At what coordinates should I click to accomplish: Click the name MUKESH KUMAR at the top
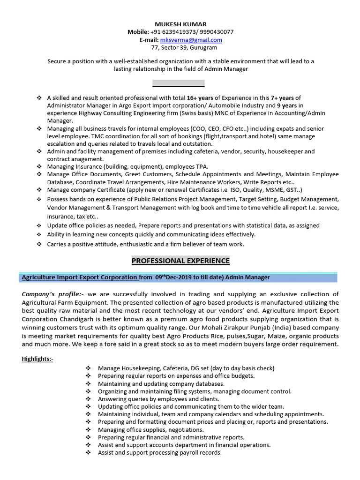coord(180,24)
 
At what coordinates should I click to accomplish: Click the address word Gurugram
coord(202,48)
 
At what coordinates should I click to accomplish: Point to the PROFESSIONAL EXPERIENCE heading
coord(180,261)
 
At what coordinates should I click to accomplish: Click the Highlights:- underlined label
coord(37,359)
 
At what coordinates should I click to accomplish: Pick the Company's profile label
coord(52,294)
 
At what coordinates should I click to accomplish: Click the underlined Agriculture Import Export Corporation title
coord(80,277)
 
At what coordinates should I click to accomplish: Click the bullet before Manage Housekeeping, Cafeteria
coord(89,368)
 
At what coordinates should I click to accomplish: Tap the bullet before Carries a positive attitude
coord(38,244)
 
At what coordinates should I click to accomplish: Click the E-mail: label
coord(149,40)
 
